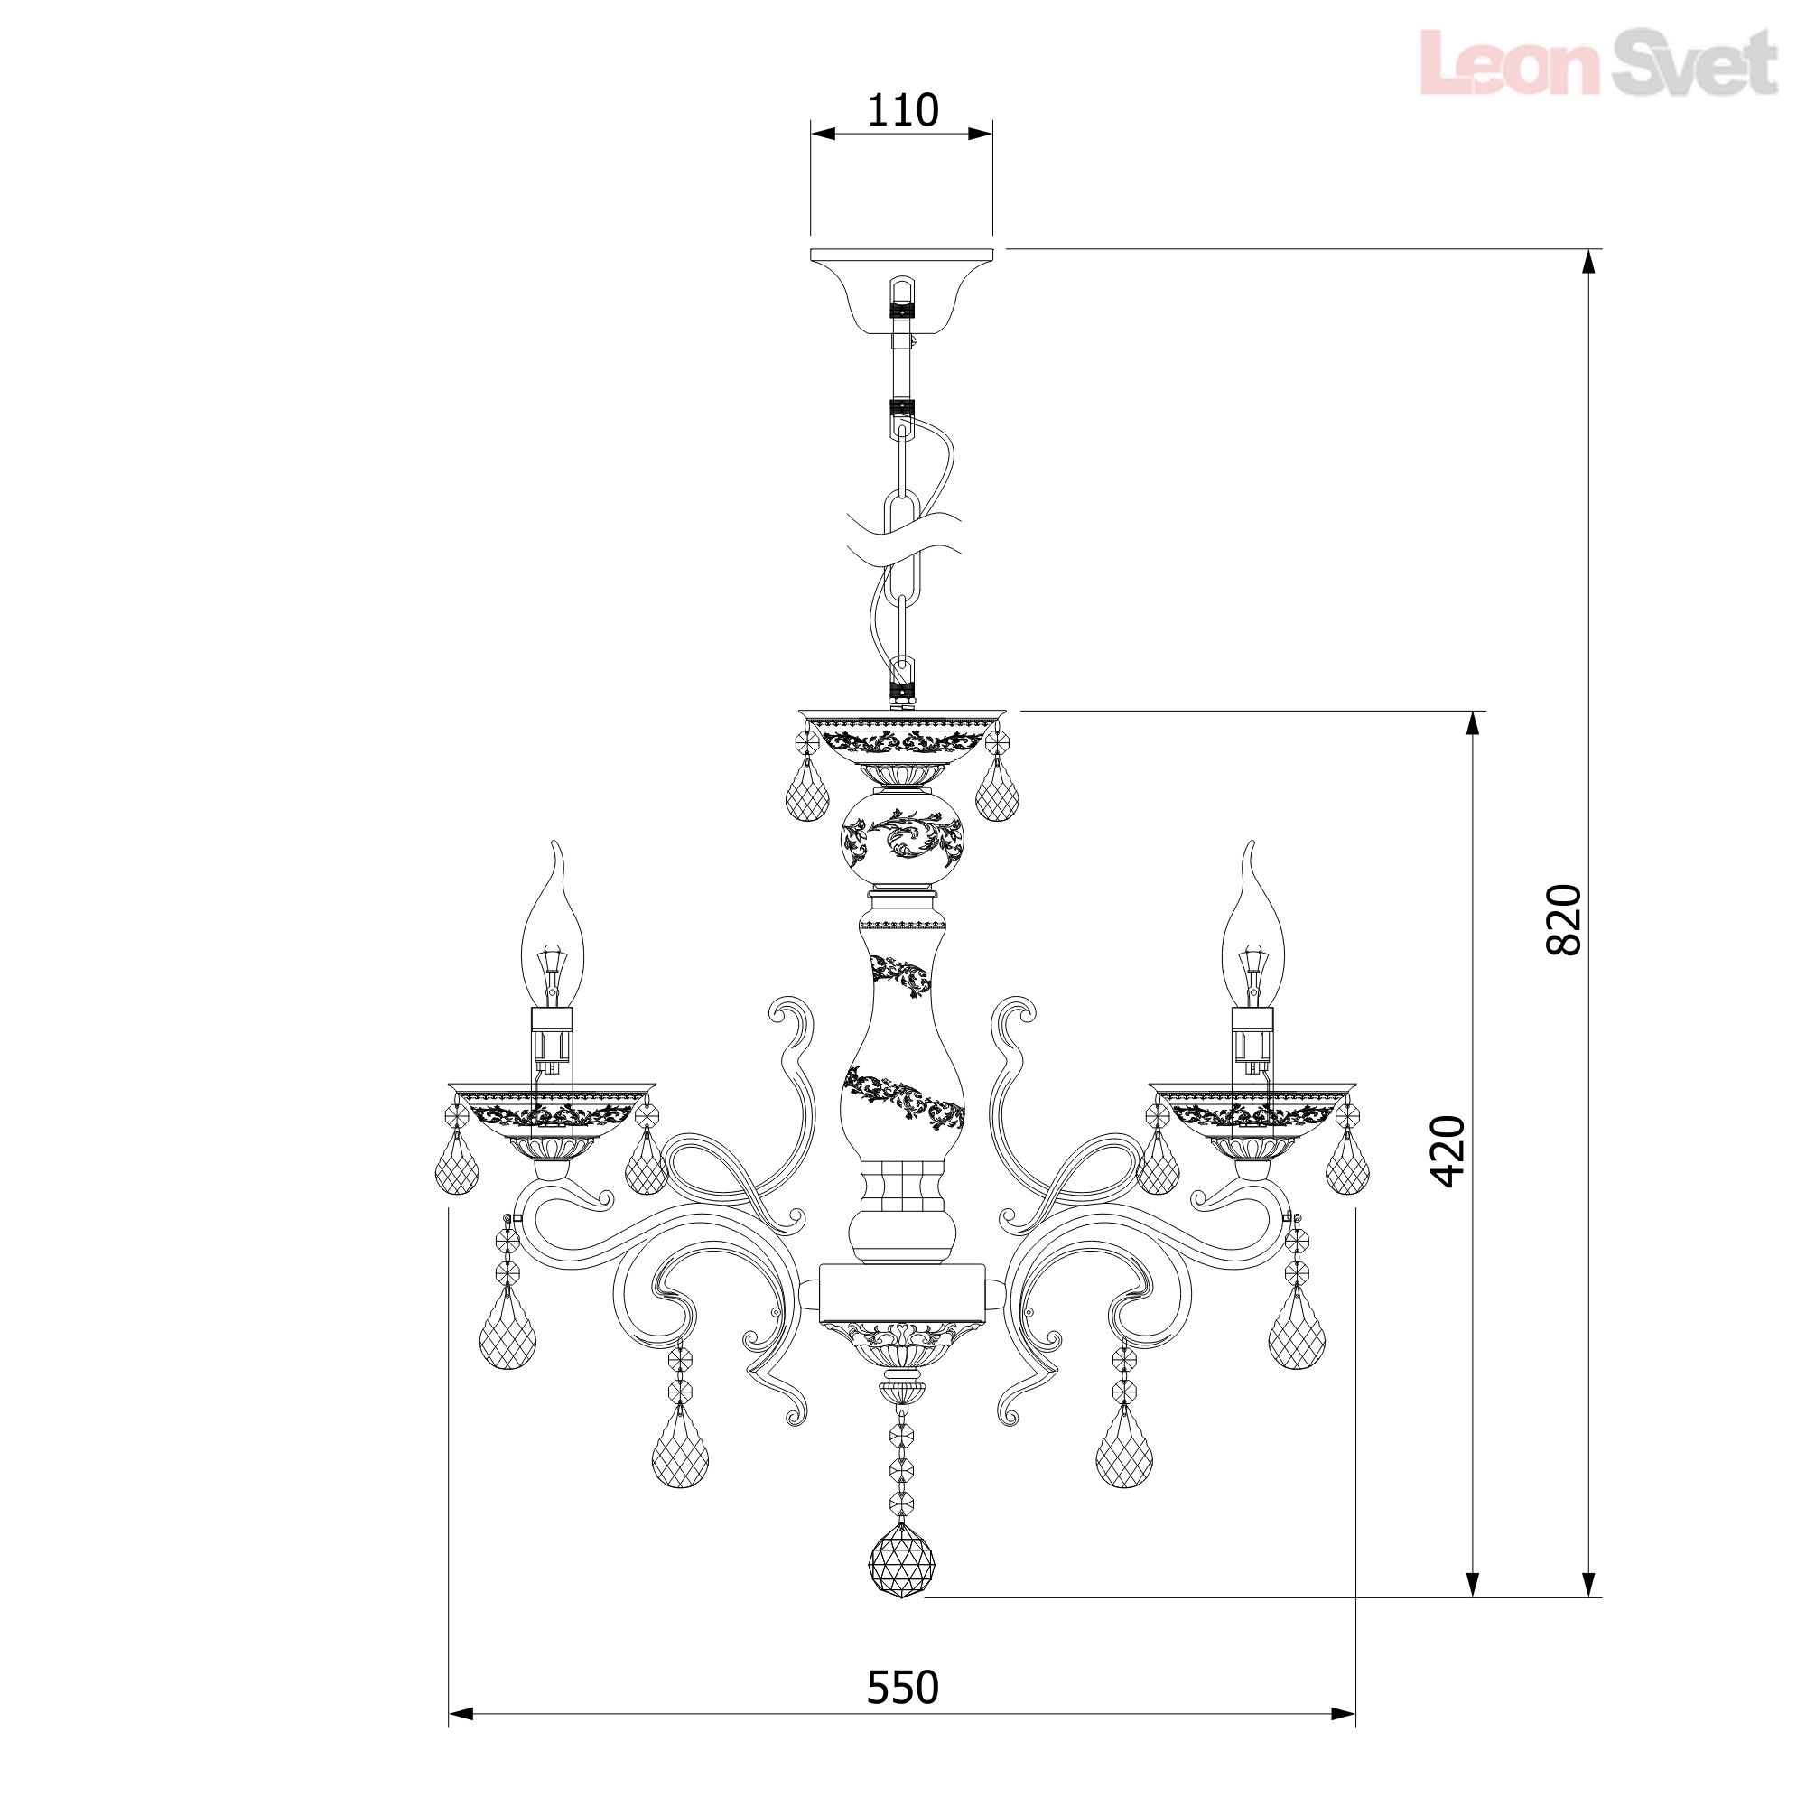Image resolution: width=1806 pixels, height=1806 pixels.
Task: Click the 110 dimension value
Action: tap(903, 110)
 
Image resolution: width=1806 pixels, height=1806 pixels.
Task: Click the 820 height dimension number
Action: tap(1564, 920)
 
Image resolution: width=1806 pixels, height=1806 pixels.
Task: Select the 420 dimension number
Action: tap(1450, 1151)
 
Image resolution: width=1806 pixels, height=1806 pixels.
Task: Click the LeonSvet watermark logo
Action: tap(1598, 61)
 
